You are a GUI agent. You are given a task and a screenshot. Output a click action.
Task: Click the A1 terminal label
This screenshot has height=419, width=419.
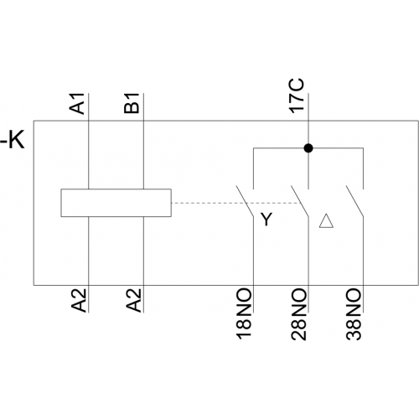coord(77,104)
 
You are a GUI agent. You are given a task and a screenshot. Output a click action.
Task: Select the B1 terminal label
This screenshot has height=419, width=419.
coord(132,103)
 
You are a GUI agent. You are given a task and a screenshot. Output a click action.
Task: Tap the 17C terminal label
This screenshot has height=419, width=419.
coord(297,96)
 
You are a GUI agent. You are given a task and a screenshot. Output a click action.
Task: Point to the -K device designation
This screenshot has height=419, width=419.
coord(13,141)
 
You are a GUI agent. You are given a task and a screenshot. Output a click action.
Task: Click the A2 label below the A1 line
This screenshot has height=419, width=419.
coord(79,300)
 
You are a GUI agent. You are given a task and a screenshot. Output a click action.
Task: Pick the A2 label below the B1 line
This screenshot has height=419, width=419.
coord(133,300)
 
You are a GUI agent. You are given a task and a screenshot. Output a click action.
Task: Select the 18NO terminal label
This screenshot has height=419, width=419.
coord(244,313)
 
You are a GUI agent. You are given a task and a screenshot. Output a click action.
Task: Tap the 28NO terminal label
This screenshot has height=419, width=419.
coord(298,313)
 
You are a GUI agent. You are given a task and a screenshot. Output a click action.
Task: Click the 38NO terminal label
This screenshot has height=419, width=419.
coord(354,313)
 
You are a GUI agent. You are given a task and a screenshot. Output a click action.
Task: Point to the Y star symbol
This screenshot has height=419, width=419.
coord(266,220)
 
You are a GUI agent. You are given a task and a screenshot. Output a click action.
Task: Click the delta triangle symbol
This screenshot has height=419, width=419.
coord(326,220)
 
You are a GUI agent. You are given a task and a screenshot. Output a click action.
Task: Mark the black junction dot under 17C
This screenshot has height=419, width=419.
coord(308,148)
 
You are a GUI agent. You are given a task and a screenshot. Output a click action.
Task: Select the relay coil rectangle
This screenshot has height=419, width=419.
coord(116,203)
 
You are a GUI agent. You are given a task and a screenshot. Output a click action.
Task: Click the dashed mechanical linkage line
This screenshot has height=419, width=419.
coord(236,203)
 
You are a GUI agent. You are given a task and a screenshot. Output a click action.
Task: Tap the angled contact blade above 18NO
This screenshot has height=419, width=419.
coord(245,201)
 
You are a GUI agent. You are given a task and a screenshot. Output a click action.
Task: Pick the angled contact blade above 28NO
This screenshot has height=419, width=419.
coord(300,201)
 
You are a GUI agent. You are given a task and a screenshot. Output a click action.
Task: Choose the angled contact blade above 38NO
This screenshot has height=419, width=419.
coord(354,201)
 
